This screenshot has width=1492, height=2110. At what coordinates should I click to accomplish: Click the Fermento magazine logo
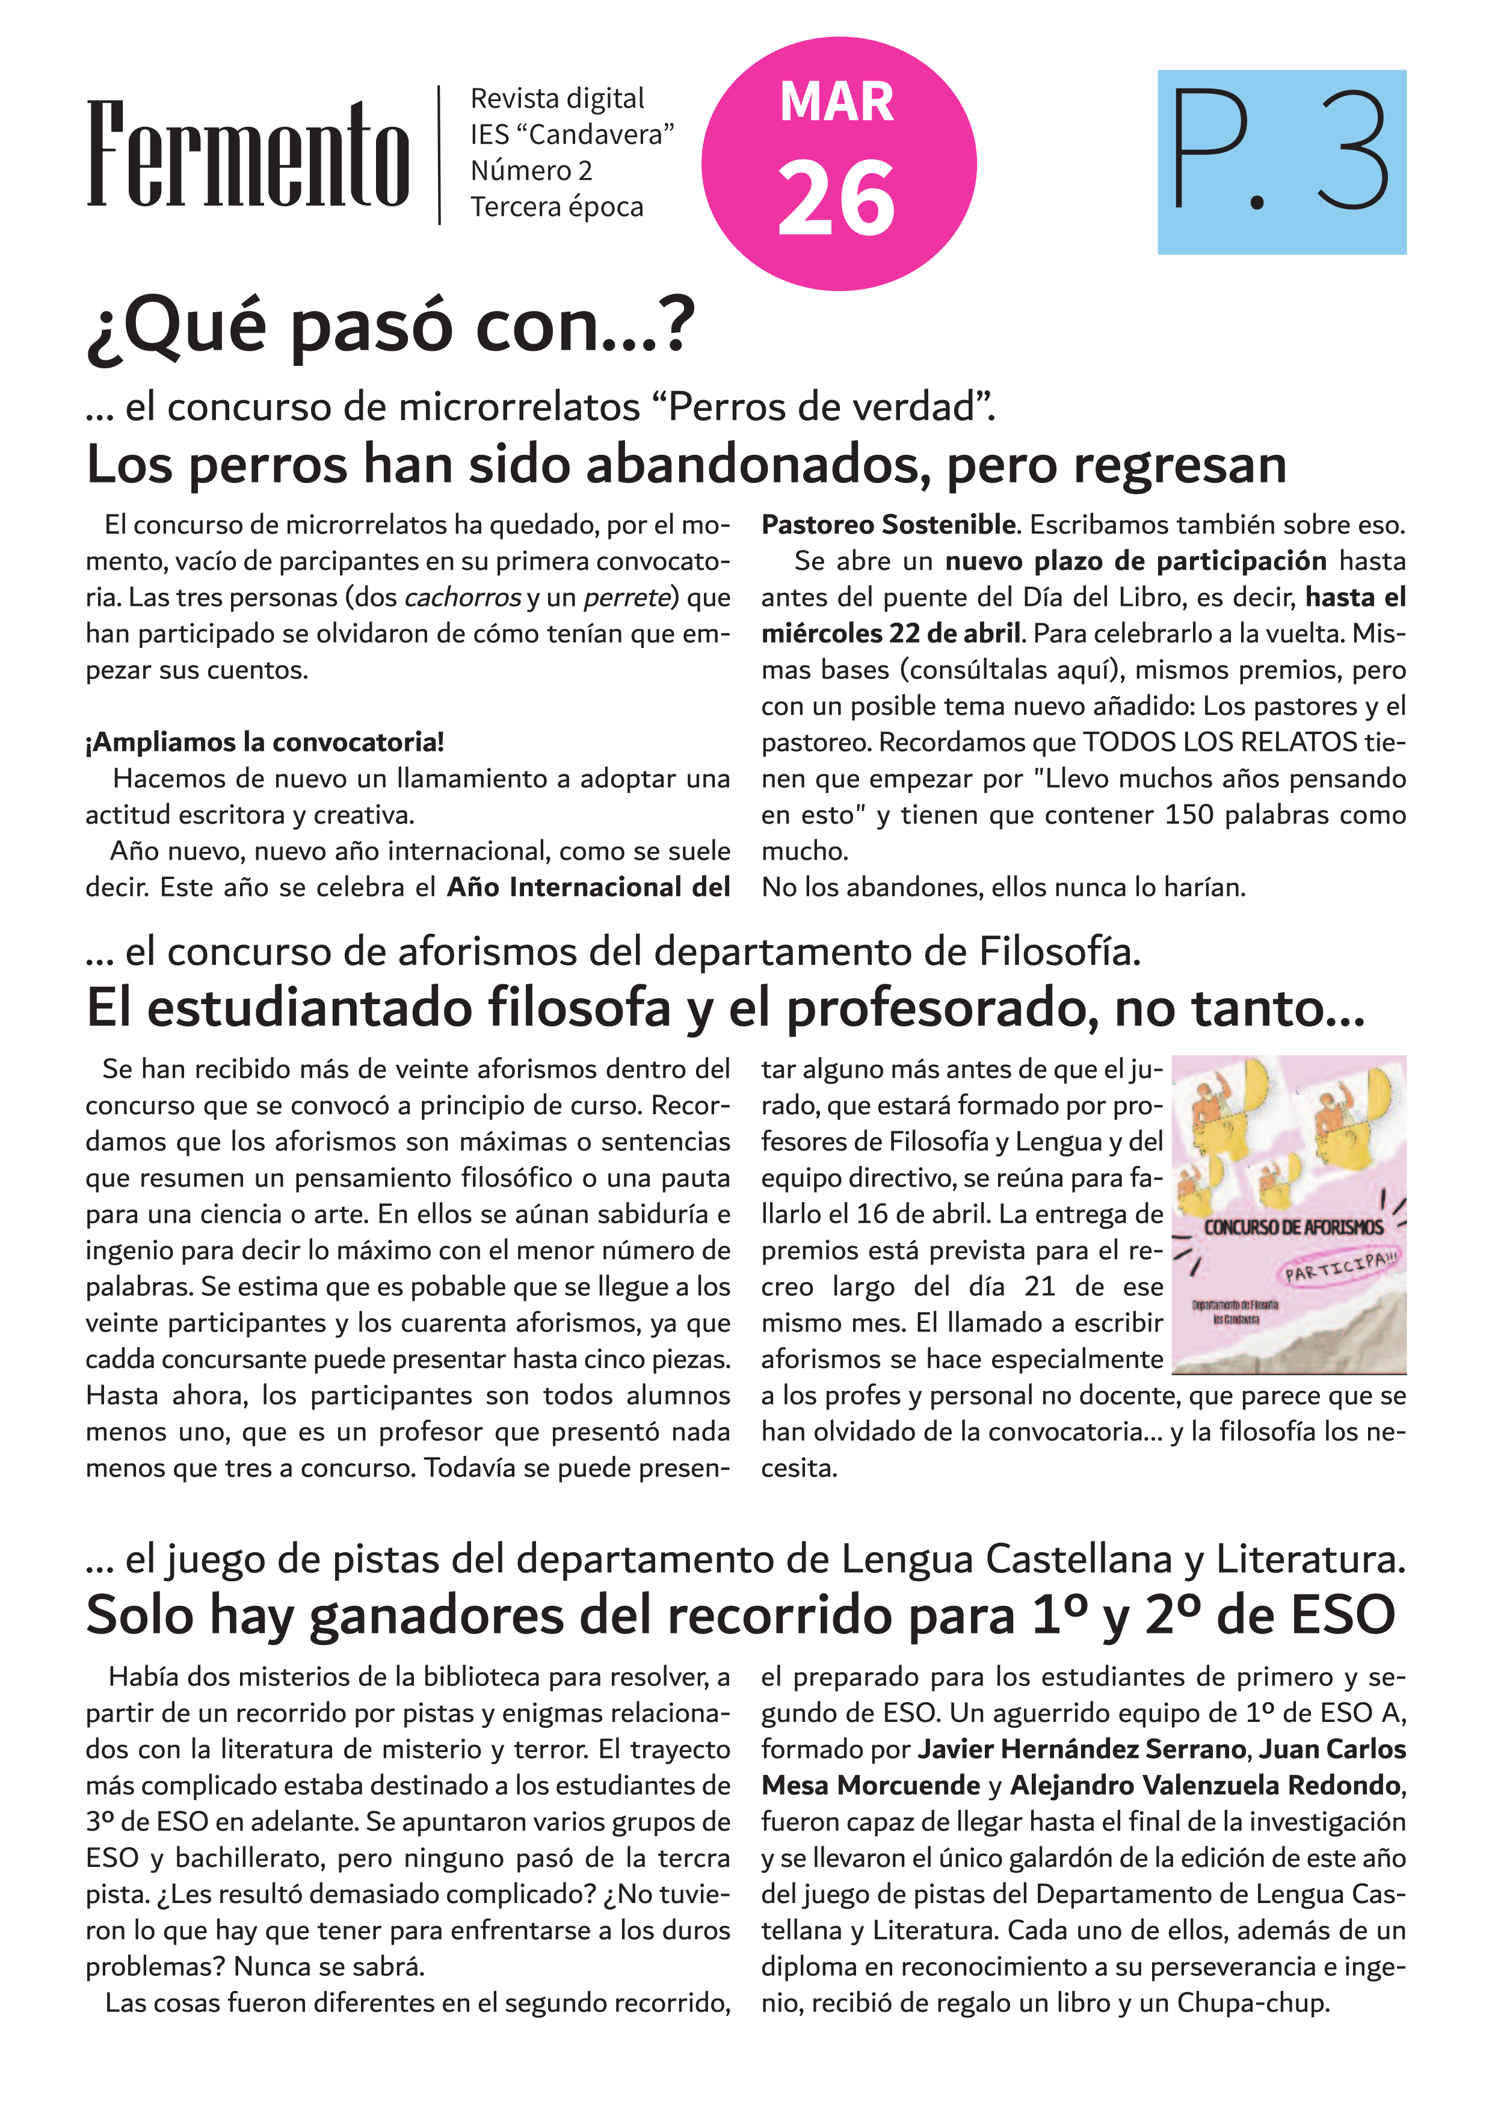(247, 155)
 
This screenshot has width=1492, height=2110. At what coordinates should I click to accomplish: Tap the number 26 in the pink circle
(836, 199)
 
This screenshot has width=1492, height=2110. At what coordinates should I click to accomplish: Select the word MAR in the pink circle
(836, 102)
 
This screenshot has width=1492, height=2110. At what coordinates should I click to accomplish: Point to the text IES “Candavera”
(572, 134)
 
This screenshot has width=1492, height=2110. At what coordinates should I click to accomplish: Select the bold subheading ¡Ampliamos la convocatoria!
(265, 742)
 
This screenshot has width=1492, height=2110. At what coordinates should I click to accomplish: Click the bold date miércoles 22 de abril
(890, 633)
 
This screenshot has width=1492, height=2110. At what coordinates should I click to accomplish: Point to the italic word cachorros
(462, 597)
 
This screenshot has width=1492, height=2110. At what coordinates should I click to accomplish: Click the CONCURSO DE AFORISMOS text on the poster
(1293, 1227)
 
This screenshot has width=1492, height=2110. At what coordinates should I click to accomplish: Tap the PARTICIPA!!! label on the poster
(1340, 1267)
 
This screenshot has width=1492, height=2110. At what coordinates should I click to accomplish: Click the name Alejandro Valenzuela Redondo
(1206, 1785)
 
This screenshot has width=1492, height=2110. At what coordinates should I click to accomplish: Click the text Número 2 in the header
(531, 171)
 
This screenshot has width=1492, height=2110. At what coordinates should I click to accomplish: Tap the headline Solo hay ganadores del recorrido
(741, 1615)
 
